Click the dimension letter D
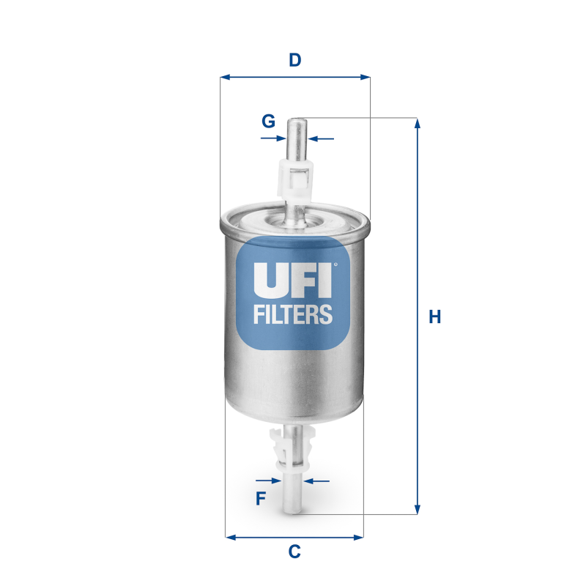294,60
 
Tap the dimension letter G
269,120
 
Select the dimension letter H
435,317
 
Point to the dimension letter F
260,499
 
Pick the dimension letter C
294,552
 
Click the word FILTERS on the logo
293,314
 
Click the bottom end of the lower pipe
293,511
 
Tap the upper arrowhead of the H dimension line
418,123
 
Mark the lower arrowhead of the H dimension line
418,508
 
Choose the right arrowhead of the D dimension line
366,76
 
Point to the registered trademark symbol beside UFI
335,264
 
